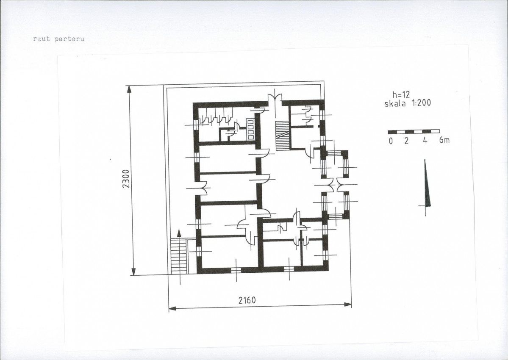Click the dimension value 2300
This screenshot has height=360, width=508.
pyautogui.click(x=126, y=178)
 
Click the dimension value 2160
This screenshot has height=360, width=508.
pyautogui.click(x=247, y=300)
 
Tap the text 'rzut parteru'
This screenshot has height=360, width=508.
pyautogui.click(x=58, y=39)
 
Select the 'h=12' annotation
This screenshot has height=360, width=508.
pyautogui.click(x=401, y=95)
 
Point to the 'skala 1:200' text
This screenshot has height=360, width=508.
pyautogui.click(x=408, y=103)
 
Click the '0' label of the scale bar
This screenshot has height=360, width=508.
pyautogui.click(x=391, y=141)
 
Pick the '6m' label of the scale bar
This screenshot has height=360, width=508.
pyautogui.click(x=444, y=141)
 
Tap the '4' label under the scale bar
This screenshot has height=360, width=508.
pyautogui.click(x=425, y=141)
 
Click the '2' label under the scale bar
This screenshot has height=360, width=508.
pyautogui.click(x=406, y=141)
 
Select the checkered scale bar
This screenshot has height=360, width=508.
pyautogui.click(x=414, y=132)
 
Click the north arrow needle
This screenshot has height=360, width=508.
pyautogui.click(x=427, y=183)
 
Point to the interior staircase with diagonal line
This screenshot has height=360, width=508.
pyautogui.click(x=282, y=136)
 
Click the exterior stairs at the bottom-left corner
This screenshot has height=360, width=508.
pyautogui.click(x=178, y=256)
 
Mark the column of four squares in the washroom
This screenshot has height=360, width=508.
pyautogui.click(x=250, y=130)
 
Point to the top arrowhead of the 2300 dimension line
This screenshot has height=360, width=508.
pyautogui.click(x=129, y=89)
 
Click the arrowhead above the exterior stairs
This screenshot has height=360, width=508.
pyautogui.click(x=178, y=234)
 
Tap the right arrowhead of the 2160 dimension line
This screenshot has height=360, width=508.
pyautogui.click(x=347, y=305)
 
